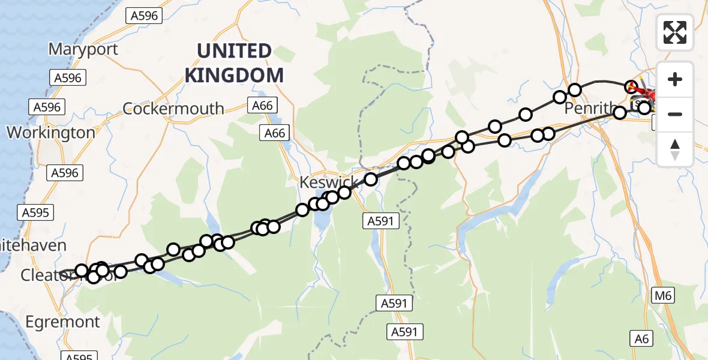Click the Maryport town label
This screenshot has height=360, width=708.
(x=83, y=49)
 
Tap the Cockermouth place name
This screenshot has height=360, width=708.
(x=173, y=109)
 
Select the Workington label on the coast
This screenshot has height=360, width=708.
(x=50, y=132)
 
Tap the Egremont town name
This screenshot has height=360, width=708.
(x=62, y=322)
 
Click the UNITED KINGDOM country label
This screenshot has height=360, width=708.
(x=234, y=64)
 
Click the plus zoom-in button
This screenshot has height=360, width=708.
(x=675, y=79)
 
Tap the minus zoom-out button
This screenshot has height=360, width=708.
(x=675, y=114)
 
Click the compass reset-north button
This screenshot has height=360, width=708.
(x=675, y=149)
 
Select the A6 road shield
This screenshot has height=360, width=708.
(x=642, y=339)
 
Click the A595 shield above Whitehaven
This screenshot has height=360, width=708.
(x=37, y=212)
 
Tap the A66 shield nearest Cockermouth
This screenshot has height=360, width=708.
(x=262, y=106)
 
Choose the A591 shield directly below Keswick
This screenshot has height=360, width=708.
(x=381, y=221)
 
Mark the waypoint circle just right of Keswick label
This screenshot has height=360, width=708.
(x=371, y=179)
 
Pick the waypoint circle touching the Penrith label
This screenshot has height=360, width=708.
(x=620, y=112)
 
